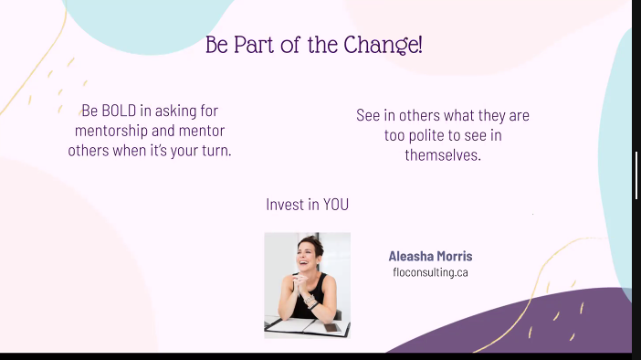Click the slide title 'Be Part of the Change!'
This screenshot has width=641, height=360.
313,45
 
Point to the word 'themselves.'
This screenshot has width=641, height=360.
443,155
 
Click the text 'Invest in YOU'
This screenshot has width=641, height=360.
307,205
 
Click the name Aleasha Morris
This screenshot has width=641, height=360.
430,256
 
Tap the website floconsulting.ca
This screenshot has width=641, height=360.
430,272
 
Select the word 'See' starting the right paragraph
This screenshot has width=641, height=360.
368,116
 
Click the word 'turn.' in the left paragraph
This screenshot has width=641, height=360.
215,151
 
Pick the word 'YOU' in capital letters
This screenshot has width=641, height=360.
335,205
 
